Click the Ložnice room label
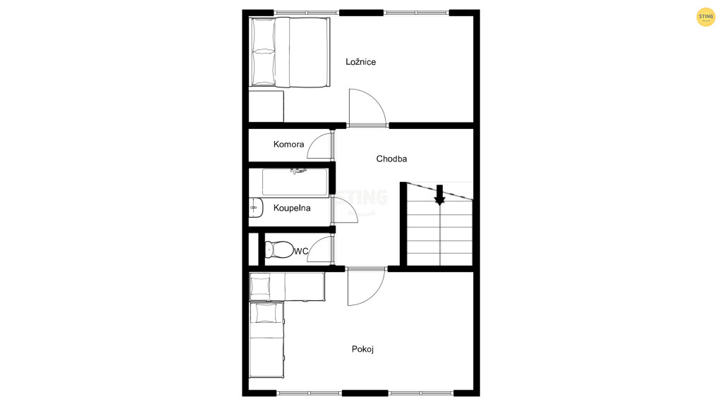click(360, 62)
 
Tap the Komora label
click(288, 144)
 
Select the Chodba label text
click(391, 159)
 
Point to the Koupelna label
click(292, 208)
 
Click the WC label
click(301, 252)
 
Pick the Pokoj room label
click(362, 349)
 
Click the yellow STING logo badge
click(705, 17)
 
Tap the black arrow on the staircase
click(440, 195)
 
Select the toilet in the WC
click(279, 250)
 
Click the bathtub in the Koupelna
click(295, 183)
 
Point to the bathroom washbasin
click(255, 208)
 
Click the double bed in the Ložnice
click(290, 52)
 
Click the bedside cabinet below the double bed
click(266, 106)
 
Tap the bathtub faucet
click(298, 171)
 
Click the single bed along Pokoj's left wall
click(267, 340)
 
